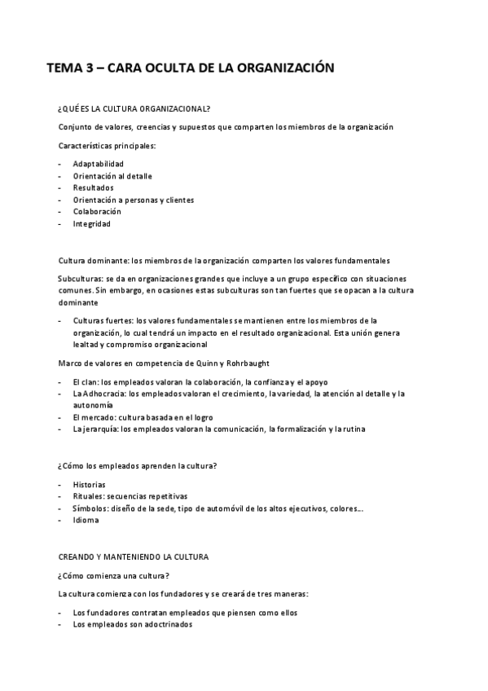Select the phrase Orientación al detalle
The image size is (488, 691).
click(x=112, y=176)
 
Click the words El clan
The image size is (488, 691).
click(x=83, y=381)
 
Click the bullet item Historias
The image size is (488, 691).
click(x=89, y=484)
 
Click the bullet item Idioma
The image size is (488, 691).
click(x=86, y=520)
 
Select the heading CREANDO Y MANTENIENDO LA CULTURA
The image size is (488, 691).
click(x=134, y=557)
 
